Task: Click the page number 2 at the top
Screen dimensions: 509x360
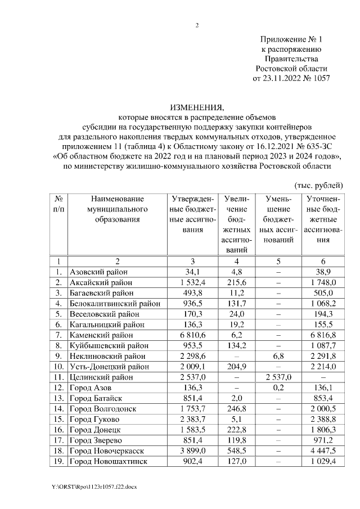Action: pos(197,25)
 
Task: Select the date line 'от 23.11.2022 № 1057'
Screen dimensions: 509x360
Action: pos(292,78)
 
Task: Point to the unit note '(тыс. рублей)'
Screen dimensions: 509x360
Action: pos(318,185)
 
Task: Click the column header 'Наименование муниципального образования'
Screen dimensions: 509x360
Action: pos(118,209)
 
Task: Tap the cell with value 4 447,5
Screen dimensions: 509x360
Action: pos(322,451)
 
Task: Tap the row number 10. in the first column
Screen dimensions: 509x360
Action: pos(58,367)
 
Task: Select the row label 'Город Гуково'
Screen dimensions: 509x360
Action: pos(94,419)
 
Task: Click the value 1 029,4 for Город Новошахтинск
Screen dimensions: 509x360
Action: pos(322,461)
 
